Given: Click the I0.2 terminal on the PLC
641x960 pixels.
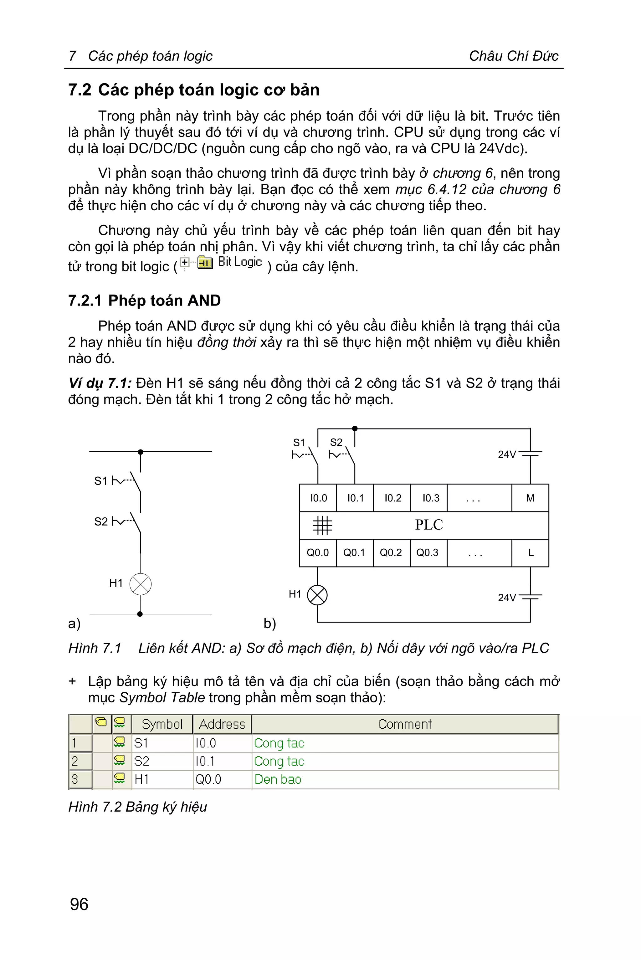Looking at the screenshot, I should pos(392,498).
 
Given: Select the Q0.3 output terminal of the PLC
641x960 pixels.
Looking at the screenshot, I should pos(428,553).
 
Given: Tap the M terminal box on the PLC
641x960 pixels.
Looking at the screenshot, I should pos(530,498).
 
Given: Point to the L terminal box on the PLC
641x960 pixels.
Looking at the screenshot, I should pos(530,553).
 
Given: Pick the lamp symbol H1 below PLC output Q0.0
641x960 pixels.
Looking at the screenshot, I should pos(317,595).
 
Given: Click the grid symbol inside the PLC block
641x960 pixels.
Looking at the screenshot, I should pos(322,525).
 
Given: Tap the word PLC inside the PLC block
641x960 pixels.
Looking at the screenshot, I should pos(429,525).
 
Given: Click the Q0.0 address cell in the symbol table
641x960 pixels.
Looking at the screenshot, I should pos(208,779).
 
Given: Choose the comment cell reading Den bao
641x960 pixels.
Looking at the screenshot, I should pos(278,779).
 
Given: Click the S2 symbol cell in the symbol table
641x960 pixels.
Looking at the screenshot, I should pos(142,761).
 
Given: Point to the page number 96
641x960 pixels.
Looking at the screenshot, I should pos(79,904).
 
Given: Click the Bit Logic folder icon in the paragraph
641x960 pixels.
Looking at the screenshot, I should pos(205,263).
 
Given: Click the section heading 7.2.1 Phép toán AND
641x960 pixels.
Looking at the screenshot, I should pos(144,300).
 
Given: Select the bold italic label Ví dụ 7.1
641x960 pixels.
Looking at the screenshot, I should pos(100,383).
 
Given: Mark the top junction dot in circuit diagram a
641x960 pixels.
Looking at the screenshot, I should pos(141,452).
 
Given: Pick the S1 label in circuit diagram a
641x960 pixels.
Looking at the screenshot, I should pos(100,481).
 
